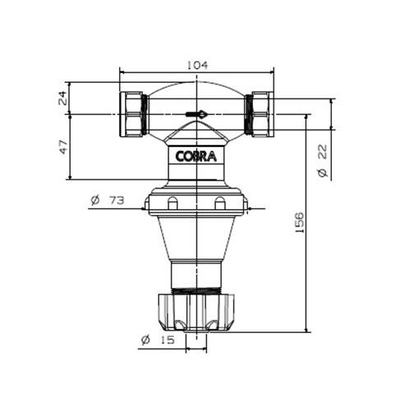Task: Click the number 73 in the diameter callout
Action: click(121, 200)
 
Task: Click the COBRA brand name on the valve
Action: click(196, 157)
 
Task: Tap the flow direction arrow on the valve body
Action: click(196, 115)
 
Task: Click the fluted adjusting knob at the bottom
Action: click(196, 312)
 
